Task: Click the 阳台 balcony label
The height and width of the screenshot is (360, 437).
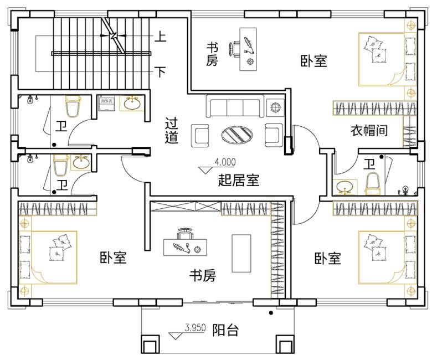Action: pyautogui.click(x=226, y=331)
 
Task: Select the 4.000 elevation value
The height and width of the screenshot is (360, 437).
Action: pyautogui.click(x=225, y=162)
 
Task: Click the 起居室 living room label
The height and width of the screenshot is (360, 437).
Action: pyautogui.click(x=239, y=179)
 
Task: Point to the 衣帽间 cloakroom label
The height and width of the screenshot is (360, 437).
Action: pyautogui.click(x=368, y=131)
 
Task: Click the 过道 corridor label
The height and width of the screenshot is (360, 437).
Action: pyautogui.click(x=172, y=131)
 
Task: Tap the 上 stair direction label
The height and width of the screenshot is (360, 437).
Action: pyautogui.click(x=160, y=38)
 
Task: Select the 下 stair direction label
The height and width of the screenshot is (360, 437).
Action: pyautogui.click(x=160, y=72)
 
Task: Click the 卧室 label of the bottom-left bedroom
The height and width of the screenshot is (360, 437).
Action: pyautogui.click(x=114, y=258)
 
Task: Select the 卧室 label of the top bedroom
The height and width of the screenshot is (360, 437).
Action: pyautogui.click(x=314, y=61)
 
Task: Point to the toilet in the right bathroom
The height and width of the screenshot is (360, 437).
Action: pyautogui.click(x=373, y=183)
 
